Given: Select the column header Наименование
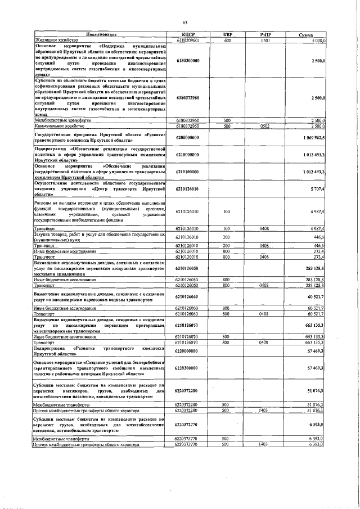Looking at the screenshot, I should click(x=101, y=35).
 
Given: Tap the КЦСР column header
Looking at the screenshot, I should click(x=188, y=35).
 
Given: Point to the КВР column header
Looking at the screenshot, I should click(x=227, y=35).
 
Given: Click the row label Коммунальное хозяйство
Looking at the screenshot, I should click(x=56, y=127).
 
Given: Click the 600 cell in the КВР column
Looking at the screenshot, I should click(x=227, y=40).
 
